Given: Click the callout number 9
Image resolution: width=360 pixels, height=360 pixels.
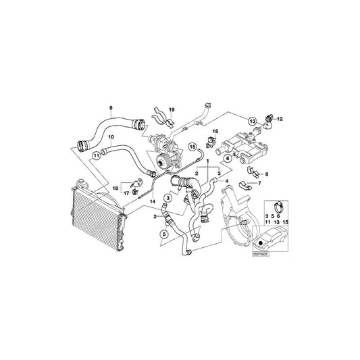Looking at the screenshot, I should point(111,107).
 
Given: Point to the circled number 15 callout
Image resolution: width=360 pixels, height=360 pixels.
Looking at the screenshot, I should point(192,145).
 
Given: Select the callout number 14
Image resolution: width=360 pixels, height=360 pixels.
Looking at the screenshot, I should point(153,202).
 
